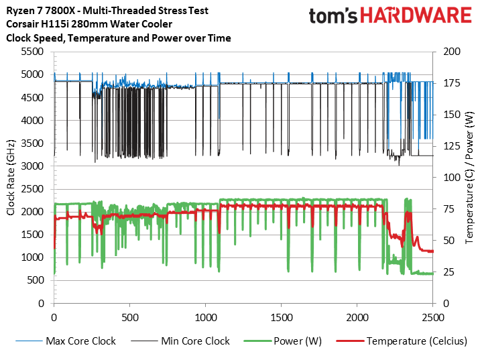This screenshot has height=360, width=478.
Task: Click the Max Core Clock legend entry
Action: (80, 341)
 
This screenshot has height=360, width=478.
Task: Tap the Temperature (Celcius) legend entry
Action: (416, 341)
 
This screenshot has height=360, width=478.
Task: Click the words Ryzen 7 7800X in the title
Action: (41, 11)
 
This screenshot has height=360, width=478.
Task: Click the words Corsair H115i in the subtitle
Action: (38, 25)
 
